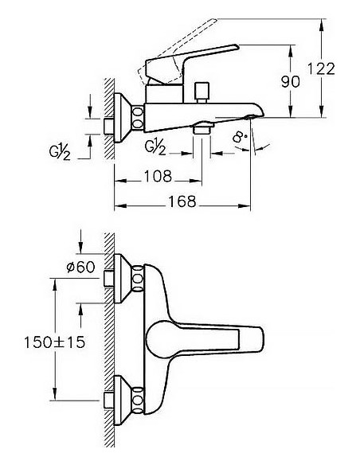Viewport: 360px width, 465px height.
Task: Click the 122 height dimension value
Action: pyautogui.click(x=321, y=68)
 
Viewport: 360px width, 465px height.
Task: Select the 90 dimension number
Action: pyautogui.click(x=291, y=81)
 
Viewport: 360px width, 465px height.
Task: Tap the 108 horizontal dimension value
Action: pyautogui.click(x=158, y=176)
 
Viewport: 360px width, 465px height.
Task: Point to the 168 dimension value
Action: pyautogui.click(x=182, y=201)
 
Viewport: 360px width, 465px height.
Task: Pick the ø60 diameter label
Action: pyautogui.click(x=80, y=267)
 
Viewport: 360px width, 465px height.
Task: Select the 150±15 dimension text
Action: pyautogui.click(x=55, y=342)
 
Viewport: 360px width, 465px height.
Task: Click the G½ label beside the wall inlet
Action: pyautogui.click(x=60, y=151)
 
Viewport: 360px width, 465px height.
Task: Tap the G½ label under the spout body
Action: pyautogui.click(x=155, y=147)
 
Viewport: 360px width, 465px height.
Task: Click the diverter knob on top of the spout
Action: pyautogui.click(x=202, y=92)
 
